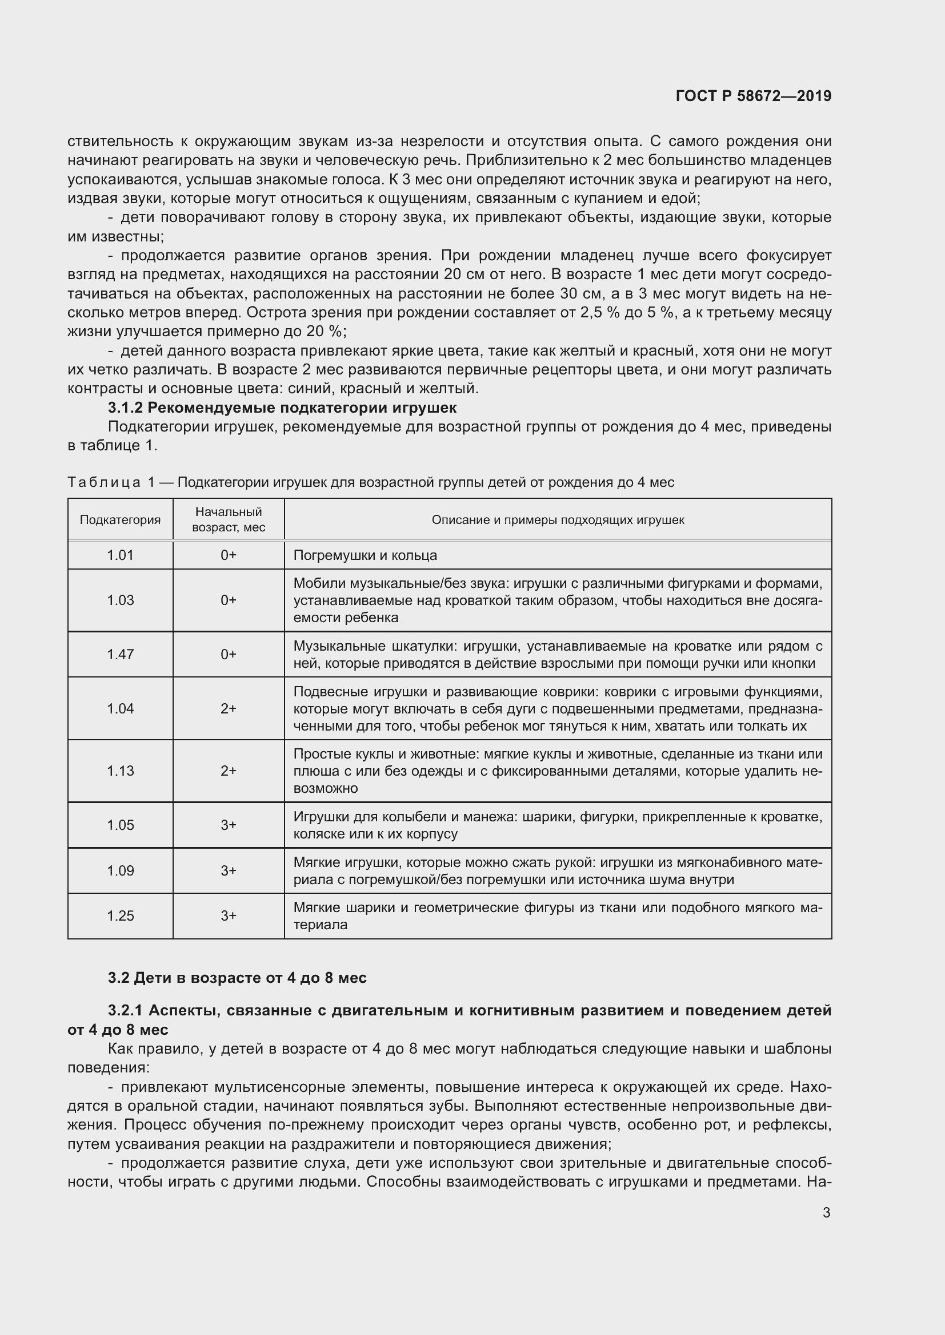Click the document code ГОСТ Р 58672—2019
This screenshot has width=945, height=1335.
pyautogui.click(x=754, y=96)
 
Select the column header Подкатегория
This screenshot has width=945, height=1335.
pyautogui.click(x=120, y=520)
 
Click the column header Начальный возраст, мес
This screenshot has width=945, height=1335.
pyautogui.click(x=228, y=519)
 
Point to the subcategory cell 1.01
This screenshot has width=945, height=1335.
pyautogui.click(x=120, y=555)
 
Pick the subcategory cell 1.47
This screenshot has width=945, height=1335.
pyautogui.click(x=120, y=654)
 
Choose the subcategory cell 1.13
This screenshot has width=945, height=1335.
pyautogui.click(x=120, y=771)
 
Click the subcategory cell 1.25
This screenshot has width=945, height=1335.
pyautogui.click(x=120, y=915)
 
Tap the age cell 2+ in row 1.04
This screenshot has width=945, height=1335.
pyautogui.click(x=228, y=708)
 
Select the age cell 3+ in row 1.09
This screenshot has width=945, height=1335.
pyautogui.click(x=228, y=870)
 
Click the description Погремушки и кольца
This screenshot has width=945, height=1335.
pyautogui.click(x=365, y=555)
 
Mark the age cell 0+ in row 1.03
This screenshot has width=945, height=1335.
pyautogui.click(x=228, y=600)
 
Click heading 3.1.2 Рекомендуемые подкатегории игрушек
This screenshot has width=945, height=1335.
pyautogui.click(x=282, y=407)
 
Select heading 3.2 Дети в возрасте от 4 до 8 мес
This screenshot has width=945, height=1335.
pyautogui.click(x=237, y=978)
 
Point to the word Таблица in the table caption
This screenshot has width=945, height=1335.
pyautogui.click(x=103, y=483)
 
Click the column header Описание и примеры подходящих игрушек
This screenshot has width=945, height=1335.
pyautogui.click(x=558, y=520)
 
